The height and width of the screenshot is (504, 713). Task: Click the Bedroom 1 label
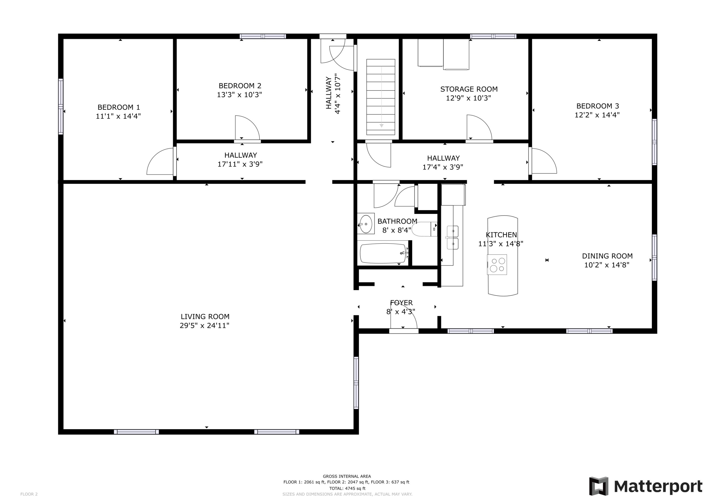(x=119, y=107)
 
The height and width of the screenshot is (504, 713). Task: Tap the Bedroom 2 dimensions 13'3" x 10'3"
(x=239, y=95)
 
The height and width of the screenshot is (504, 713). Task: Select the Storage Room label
(x=469, y=89)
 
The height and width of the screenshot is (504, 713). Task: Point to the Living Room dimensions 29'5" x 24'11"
(x=204, y=326)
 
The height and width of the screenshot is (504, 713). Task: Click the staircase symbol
(x=381, y=97)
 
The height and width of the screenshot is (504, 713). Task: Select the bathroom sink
(x=366, y=224)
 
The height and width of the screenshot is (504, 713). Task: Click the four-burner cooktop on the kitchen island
(x=497, y=264)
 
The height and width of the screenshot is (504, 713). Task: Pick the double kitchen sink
(x=453, y=238)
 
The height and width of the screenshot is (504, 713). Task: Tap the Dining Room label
(x=607, y=256)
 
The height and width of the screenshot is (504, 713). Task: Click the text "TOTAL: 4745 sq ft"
(x=347, y=489)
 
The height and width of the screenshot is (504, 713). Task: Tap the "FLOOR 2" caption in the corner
(x=29, y=494)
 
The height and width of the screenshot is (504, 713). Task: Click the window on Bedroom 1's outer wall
(x=61, y=106)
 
